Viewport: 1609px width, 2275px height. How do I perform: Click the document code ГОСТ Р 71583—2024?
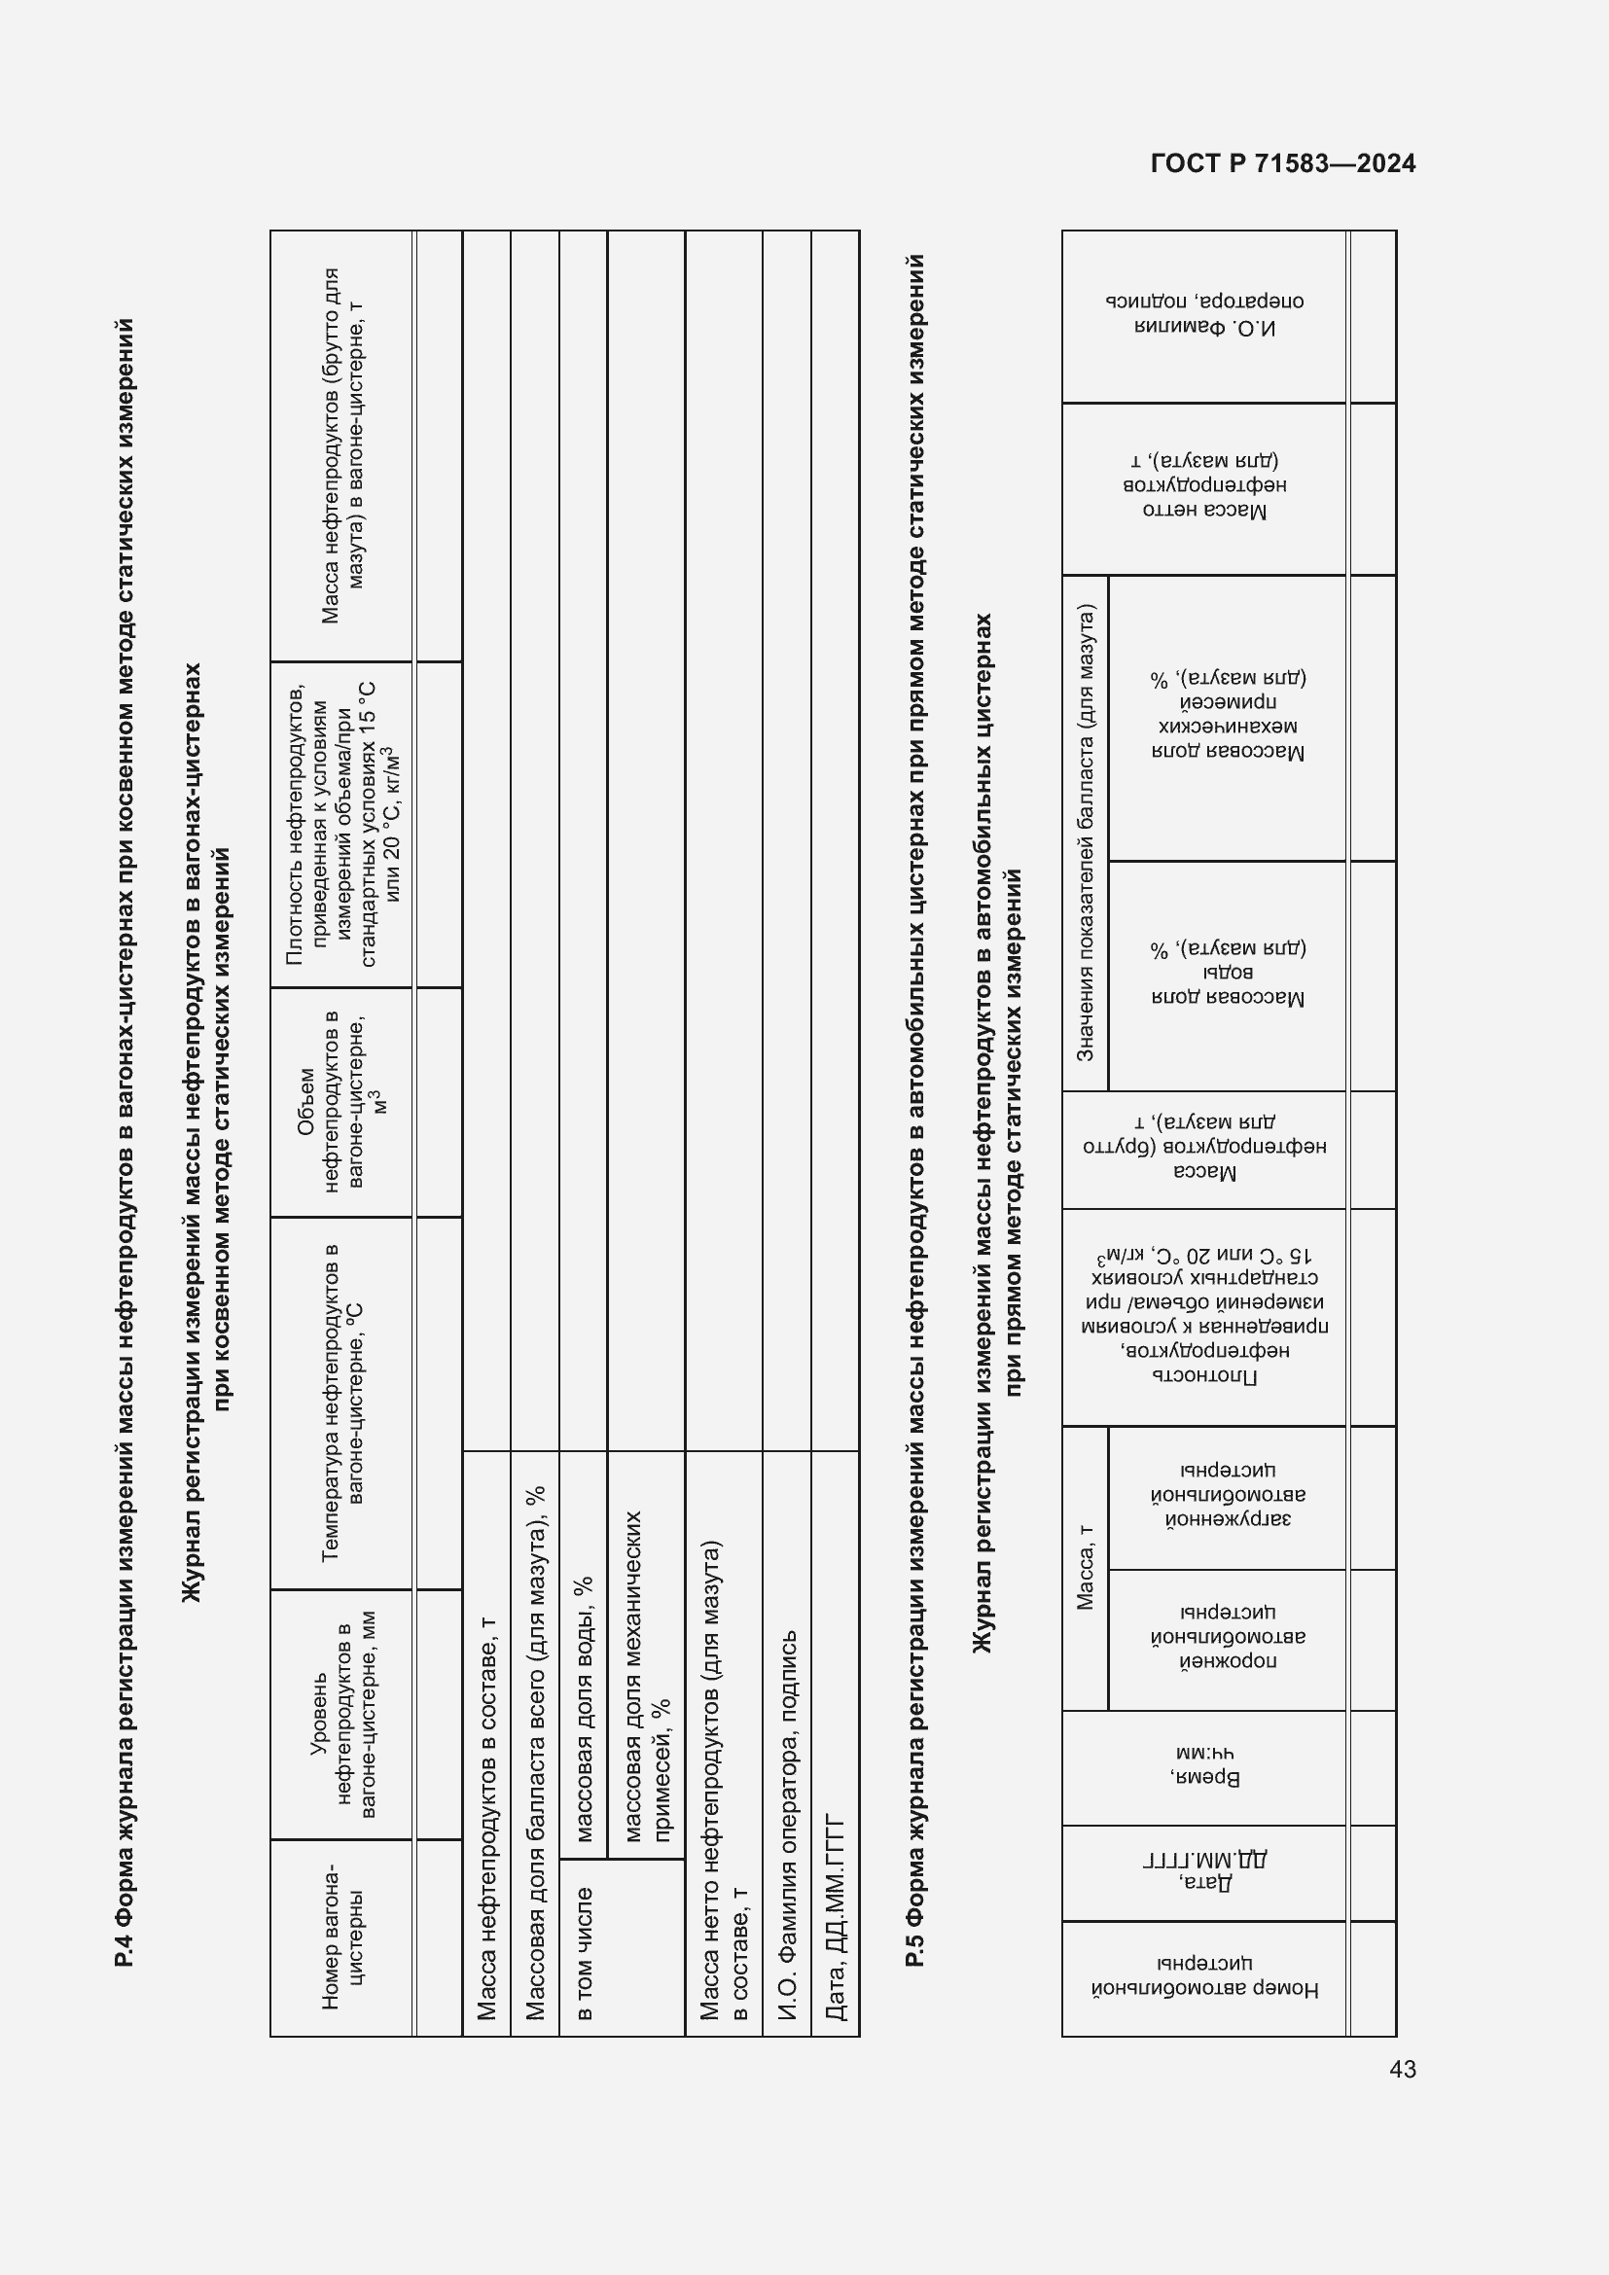(x=1282, y=163)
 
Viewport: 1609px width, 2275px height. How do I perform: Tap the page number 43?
(x=1402, y=2069)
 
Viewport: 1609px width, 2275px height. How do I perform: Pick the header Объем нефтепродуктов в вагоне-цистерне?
(x=342, y=1101)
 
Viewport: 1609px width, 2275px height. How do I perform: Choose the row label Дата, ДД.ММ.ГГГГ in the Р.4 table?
(x=836, y=1918)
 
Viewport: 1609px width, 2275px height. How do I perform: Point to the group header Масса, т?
(x=1085, y=1567)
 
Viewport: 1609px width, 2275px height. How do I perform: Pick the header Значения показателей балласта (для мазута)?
(x=1085, y=833)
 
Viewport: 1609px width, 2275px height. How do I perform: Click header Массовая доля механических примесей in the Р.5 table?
(x=1228, y=716)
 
